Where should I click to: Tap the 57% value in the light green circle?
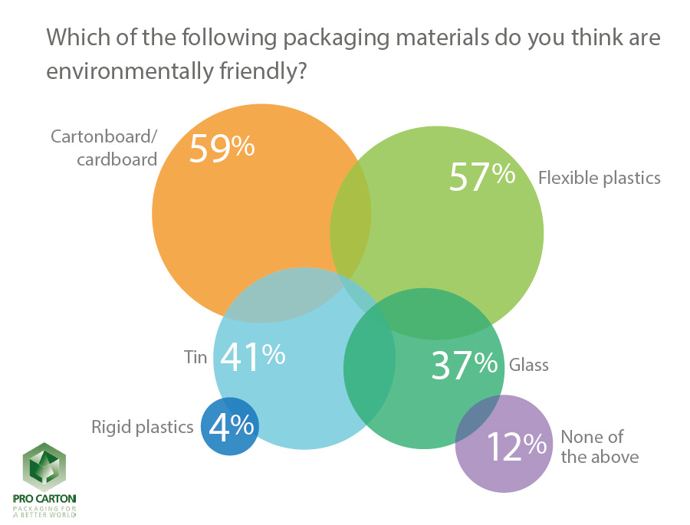481,177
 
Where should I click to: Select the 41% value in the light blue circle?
253,356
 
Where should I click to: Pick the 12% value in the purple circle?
516,446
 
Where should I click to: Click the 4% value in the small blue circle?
230,426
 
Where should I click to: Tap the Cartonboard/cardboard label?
103,147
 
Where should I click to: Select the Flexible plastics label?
599,178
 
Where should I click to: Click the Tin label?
195,357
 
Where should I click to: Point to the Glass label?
529,364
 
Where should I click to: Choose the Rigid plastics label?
142,427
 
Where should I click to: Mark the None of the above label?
599,447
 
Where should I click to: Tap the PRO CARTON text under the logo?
44,499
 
